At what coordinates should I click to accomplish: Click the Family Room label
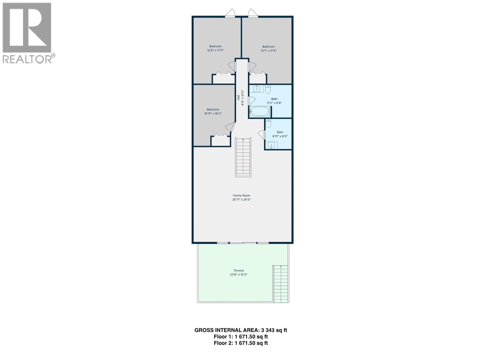point(241,195)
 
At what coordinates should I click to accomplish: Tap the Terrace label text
point(239,270)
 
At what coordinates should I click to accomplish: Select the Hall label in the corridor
point(239,97)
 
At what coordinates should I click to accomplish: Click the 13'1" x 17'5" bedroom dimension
point(269,51)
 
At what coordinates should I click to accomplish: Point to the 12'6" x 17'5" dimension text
point(216,50)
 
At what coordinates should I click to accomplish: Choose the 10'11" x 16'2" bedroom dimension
point(213,113)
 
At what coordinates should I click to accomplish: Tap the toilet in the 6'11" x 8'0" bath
point(268,123)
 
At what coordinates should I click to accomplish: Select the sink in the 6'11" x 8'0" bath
point(272,145)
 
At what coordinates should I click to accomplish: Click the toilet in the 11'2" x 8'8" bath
point(268,89)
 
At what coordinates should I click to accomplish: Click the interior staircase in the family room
point(243,157)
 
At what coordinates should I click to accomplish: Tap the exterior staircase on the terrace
point(281,284)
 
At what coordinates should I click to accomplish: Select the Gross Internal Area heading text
point(241,330)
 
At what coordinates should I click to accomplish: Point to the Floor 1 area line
point(241,337)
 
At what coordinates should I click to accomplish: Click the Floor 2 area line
point(241,343)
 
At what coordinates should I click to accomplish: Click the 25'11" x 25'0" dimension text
point(241,199)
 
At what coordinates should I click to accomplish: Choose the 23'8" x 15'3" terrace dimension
point(239,275)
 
